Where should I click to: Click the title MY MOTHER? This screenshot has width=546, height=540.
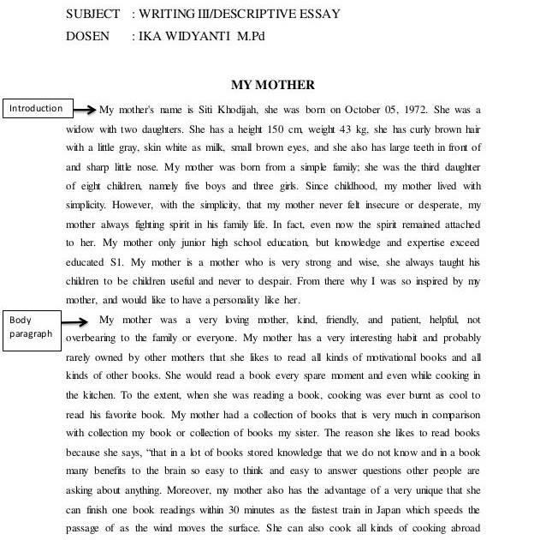273,85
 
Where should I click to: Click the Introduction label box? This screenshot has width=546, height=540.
36,109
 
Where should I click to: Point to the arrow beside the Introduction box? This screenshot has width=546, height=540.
83,110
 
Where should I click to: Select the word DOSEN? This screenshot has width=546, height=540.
87,36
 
